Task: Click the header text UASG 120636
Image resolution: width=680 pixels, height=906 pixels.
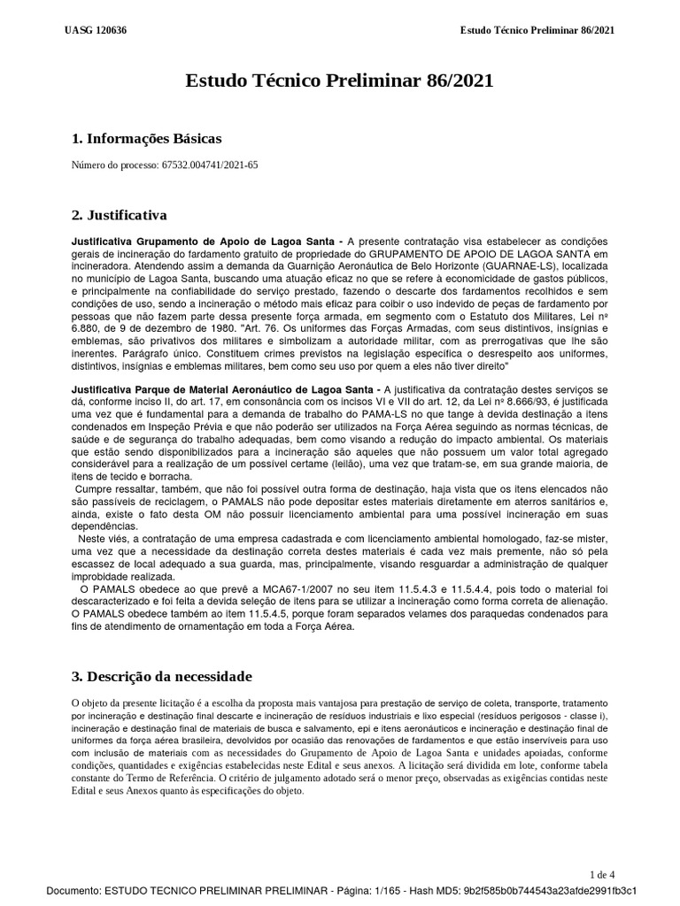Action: click(96, 30)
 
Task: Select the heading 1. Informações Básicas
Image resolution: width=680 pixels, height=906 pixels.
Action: click(146, 138)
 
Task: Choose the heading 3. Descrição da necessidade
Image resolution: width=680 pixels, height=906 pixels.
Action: click(161, 677)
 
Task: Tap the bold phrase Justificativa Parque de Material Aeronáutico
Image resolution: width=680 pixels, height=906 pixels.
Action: click(223, 389)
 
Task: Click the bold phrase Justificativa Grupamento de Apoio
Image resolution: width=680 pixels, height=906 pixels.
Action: click(190, 242)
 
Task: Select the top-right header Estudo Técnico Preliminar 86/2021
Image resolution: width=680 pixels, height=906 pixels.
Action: click(537, 30)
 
